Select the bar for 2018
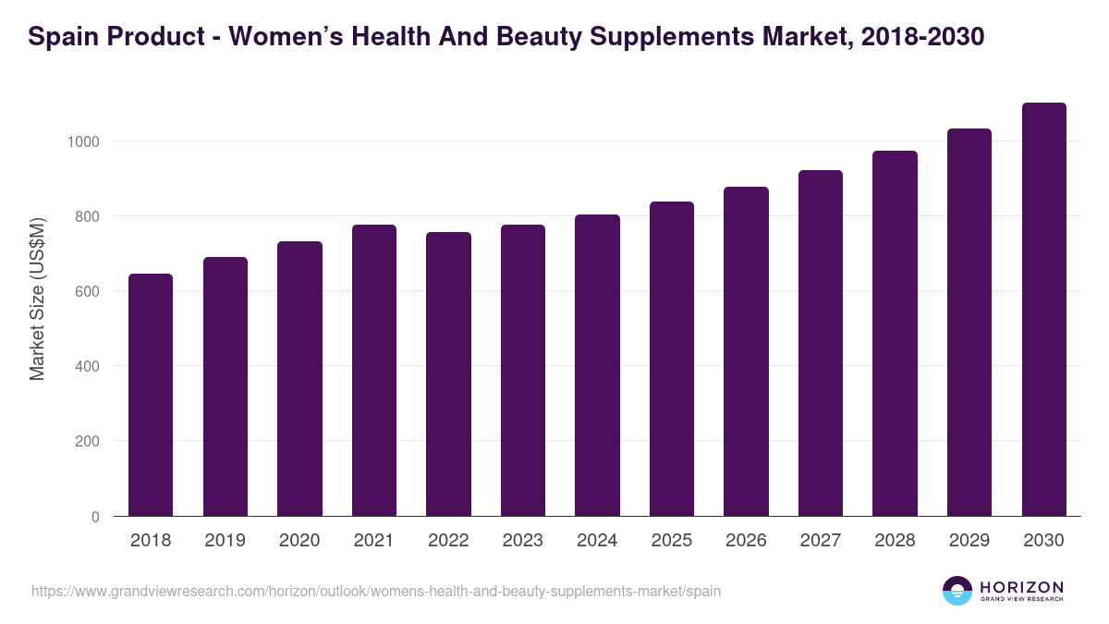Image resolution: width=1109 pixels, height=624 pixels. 151,395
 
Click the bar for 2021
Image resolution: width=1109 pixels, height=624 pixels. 373,370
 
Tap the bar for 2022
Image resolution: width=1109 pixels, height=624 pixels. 448,373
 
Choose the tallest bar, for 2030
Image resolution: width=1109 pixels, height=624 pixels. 1043,310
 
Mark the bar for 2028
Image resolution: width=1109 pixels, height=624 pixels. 895,334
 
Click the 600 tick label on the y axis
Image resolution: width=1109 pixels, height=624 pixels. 87,291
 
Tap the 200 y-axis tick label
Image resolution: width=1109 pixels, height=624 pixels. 87,441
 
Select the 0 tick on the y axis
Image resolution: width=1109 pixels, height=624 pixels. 96,517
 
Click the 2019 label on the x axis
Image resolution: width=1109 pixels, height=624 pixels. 225,541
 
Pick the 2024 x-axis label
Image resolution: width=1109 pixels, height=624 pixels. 597,541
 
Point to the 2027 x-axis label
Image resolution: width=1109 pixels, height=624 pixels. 820,541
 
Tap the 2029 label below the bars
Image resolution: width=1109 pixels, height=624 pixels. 969,541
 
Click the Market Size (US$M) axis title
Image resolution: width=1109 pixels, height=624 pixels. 37,298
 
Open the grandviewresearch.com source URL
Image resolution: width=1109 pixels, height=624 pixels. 375,591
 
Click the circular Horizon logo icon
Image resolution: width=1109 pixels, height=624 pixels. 957,591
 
